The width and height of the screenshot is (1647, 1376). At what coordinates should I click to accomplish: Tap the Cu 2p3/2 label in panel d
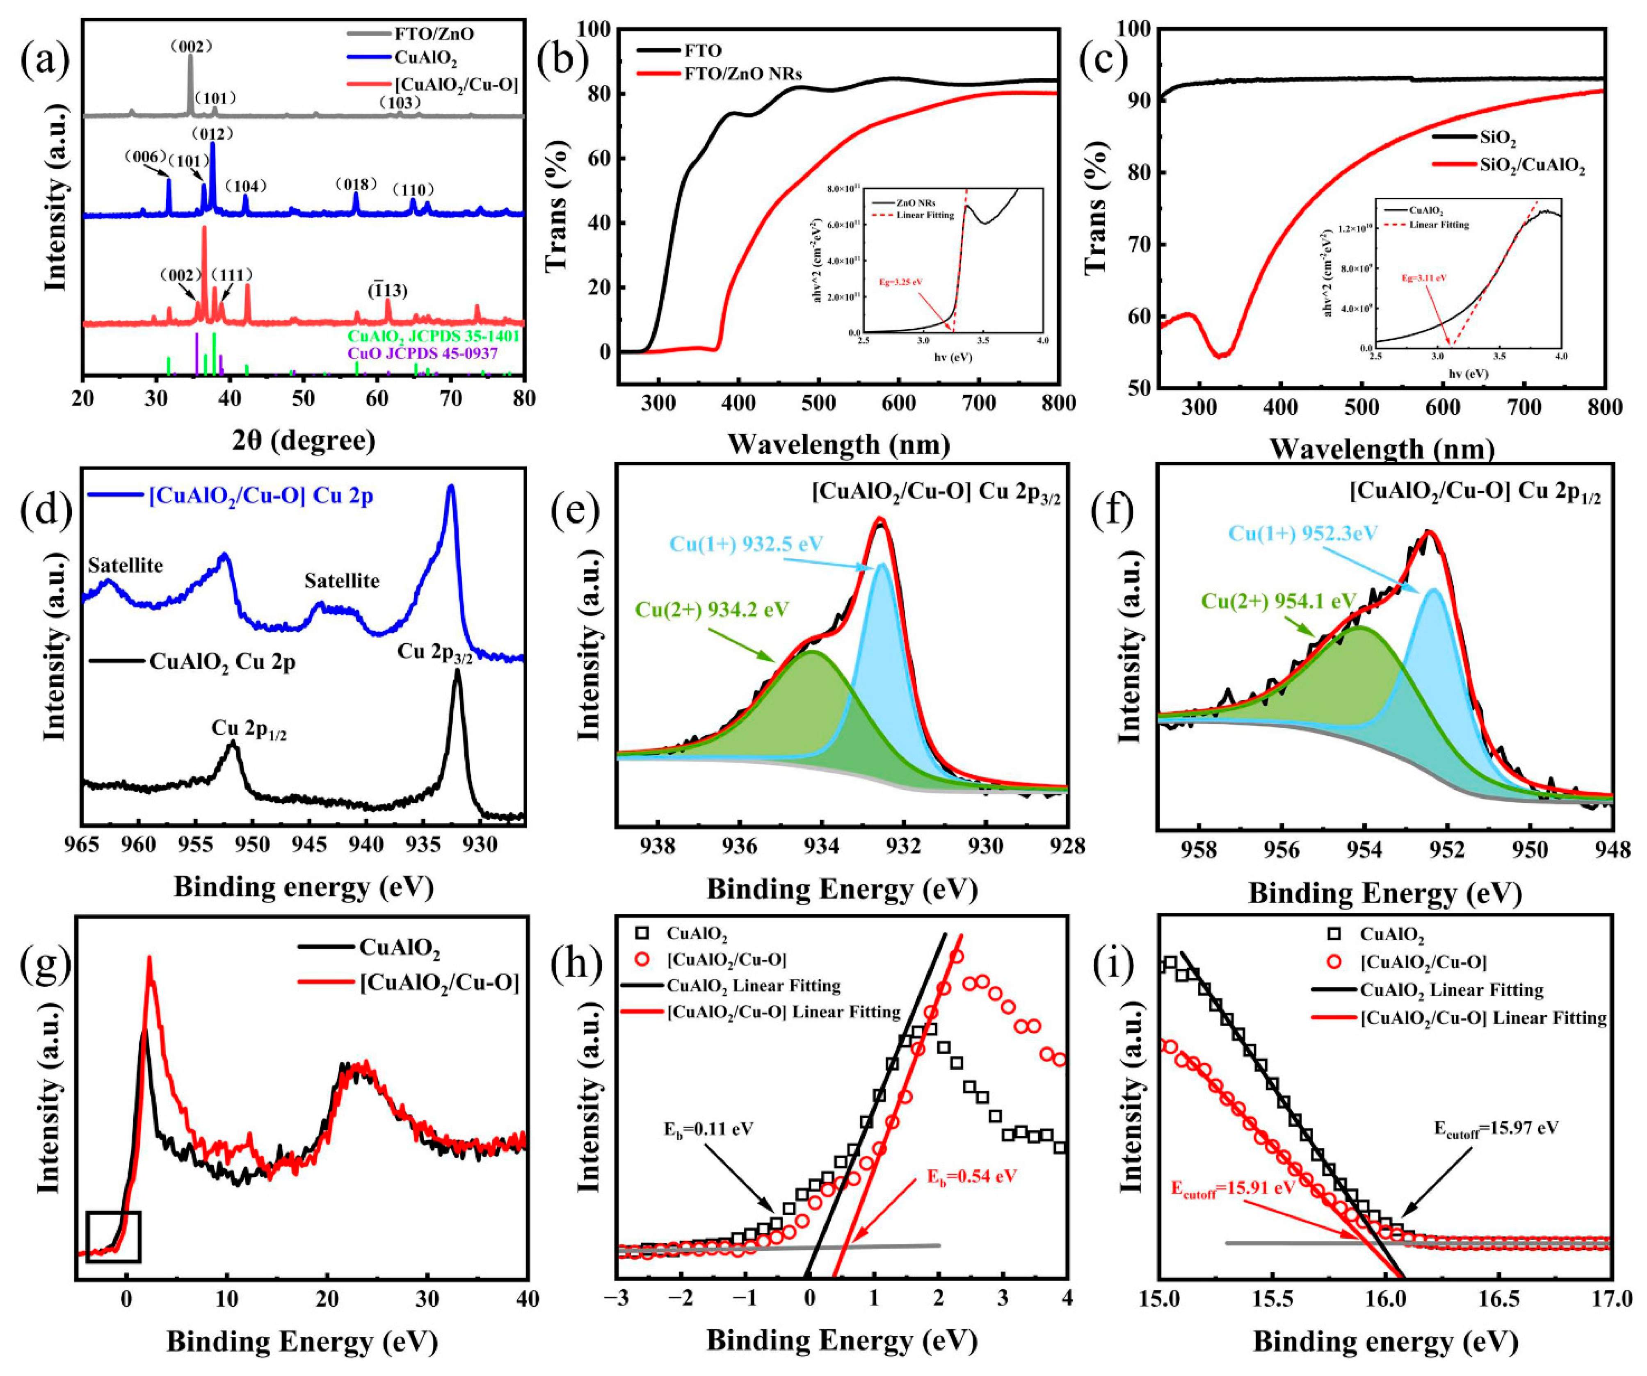click(435, 653)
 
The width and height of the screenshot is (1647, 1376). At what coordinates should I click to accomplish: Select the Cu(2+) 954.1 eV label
click(1278, 601)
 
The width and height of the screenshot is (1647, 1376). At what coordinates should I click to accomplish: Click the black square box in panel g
click(114, 1237)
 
